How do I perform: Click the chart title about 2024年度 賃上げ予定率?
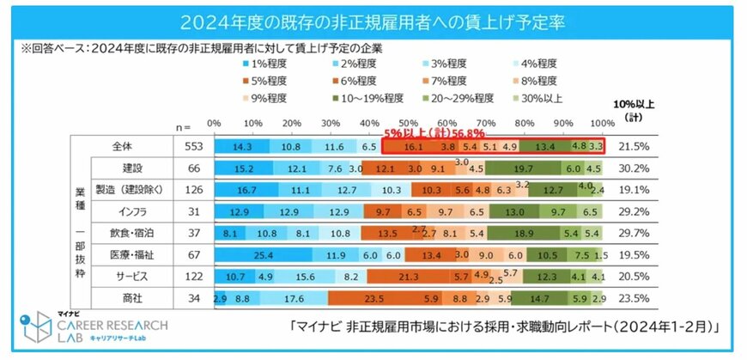[373, 20]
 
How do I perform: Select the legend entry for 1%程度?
[268, 63]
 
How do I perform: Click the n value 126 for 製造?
[193, 189]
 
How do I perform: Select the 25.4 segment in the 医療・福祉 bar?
[262, 254]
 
